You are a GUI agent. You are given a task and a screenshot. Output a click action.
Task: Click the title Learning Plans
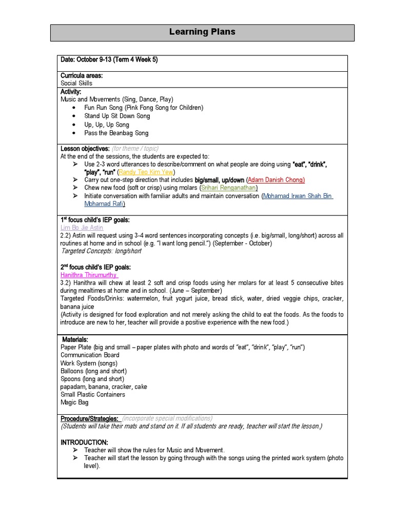(x=202, y=32)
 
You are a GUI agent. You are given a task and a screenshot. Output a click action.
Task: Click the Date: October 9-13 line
(x=109, y=60)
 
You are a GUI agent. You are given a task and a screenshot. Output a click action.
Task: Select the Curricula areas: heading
(x=82, y=75)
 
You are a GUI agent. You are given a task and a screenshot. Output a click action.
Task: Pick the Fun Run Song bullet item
(x=144, y=108)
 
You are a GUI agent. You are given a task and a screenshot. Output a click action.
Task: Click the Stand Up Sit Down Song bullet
(x=117, y=116)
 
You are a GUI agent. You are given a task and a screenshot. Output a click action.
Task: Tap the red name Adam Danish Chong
(x=276, y=180)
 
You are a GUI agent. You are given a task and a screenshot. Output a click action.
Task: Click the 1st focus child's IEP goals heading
(x=95, y=219)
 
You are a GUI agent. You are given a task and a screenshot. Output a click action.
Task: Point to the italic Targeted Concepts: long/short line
(x=101, y=251)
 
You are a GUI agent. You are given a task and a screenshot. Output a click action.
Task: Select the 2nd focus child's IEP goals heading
(x=96, y=267)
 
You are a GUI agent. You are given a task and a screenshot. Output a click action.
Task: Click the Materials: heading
(x=75, y=339)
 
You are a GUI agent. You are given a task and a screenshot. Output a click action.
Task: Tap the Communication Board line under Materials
(x=90, y=355)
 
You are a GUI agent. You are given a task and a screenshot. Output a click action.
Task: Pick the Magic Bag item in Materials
(x=75, y=402)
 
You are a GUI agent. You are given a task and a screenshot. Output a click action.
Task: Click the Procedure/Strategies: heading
(x=90, y=418)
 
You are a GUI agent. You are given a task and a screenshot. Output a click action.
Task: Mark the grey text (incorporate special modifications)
(x=167, y=418)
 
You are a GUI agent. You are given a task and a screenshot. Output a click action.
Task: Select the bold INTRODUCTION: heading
(x=84, y=442)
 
